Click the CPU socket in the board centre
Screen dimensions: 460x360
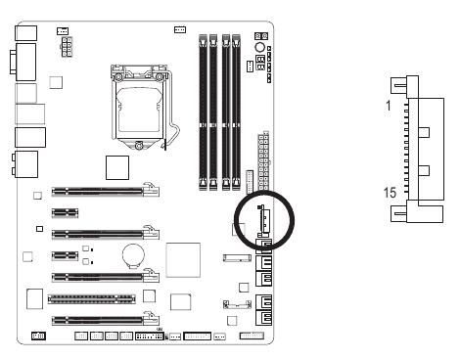point(141,106)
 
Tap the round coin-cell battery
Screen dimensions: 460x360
point(133,256)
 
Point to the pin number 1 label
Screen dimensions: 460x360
point(388,106)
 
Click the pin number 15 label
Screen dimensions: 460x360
point(390,193)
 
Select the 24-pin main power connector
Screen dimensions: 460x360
point(263,160)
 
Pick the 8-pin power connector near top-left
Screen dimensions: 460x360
point(67,47)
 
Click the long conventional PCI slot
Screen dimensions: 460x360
point(92,299)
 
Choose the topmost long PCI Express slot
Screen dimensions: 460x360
point(106,191)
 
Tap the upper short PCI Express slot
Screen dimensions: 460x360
point(65,213)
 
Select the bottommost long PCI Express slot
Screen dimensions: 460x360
point(106,320)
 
